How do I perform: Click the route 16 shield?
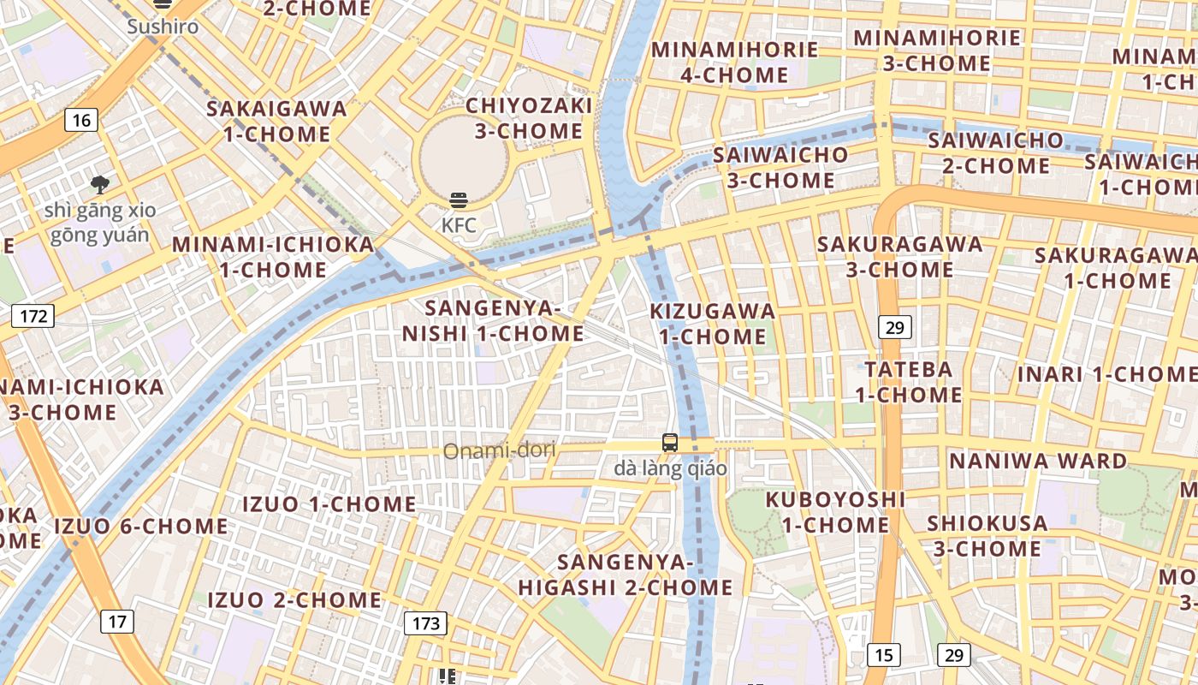click(81, 120)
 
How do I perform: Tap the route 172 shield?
click(33, 316)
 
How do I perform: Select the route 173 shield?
click(425, 622)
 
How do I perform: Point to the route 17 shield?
click(117, 621)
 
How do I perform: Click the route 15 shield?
click(883, 655)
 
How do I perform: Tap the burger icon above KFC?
click(459, 201)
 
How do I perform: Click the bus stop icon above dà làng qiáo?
click(670, 443)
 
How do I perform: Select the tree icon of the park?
click(100, 184)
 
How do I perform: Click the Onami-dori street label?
click(499, 450)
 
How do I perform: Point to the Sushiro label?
click(163, 27)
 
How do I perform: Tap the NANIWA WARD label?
click(1038, 461)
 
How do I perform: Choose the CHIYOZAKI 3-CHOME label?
click(529, 118)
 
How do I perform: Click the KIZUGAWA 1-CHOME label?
click(713, 324)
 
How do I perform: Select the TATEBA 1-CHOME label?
click(909, 382)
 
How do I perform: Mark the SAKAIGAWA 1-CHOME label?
click(277, 121)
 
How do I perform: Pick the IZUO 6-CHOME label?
click(141, 526)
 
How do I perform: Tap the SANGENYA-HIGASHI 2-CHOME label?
click(626, 575)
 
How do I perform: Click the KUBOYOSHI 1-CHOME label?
click(835, 511)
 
